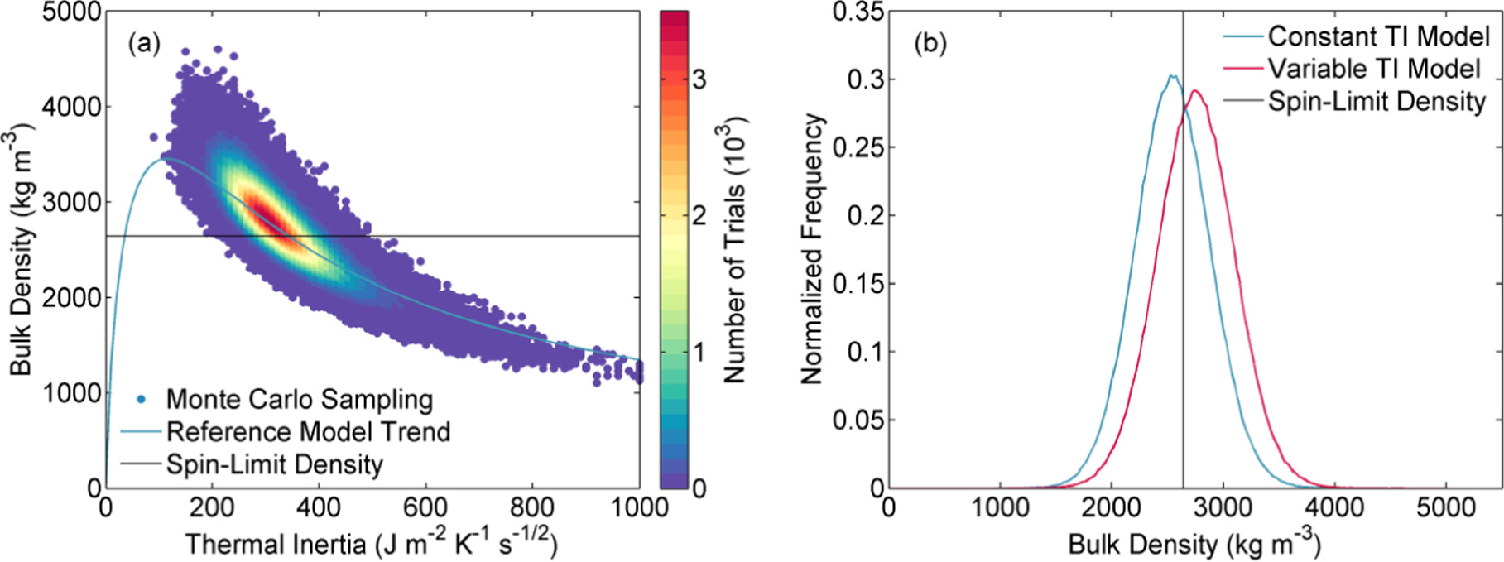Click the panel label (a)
pyautogui.click(x=143, y=44)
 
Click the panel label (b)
pyautogui.click(x=930, y=44)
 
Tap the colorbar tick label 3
pyautogui.click(x=699, y=79)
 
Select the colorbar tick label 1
pyautogui.click(x=699, y=352)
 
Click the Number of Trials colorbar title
pyautogui.click(x=735, y=248)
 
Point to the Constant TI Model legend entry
pyautogui.click(x=1378, y=36)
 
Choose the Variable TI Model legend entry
pyautogui.click(x=1374, y=69)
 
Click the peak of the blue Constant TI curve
pyautogui.click(x=1171, y=76)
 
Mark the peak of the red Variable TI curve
pyautogui.click(x=1194, y=91)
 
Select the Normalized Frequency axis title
pyautogui.click(x=812, y=248)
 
